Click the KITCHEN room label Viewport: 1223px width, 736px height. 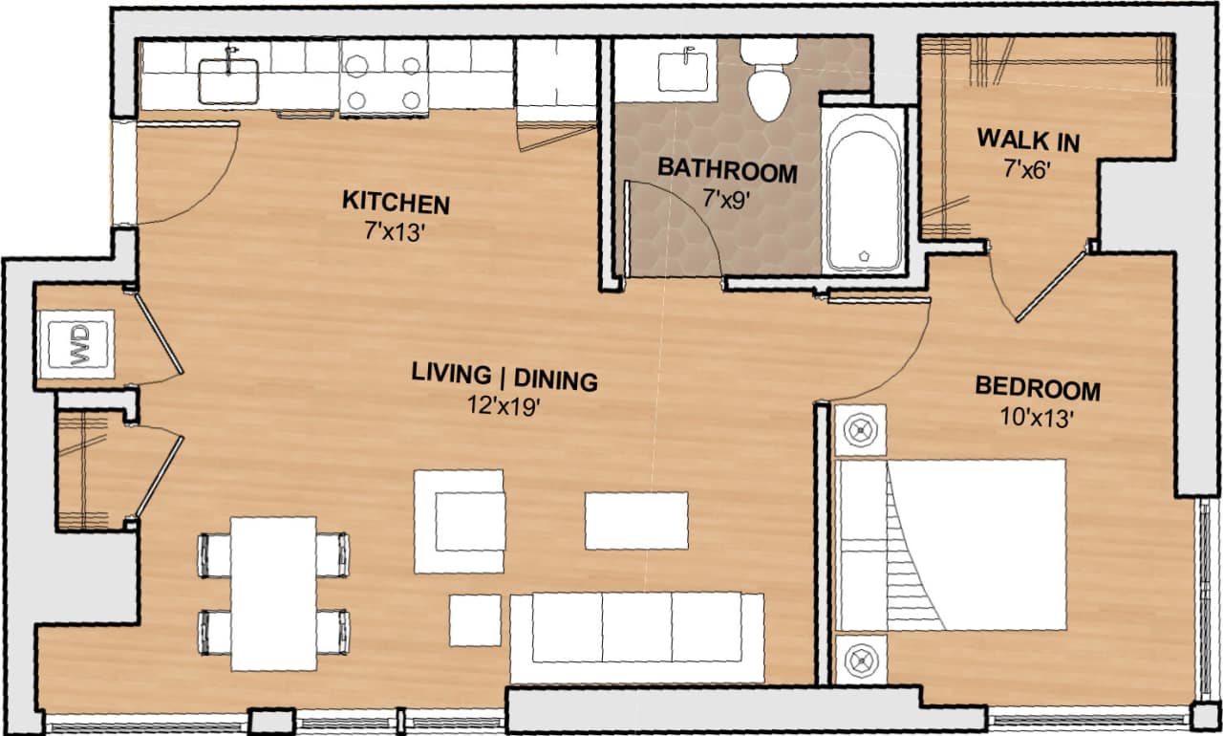tap(396, 203)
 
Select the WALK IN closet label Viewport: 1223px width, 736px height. tap(1028, 141)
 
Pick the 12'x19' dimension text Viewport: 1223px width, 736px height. tap(504, 405)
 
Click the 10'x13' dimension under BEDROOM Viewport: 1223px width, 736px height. tap(1038, 418)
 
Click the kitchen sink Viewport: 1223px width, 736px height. tap(228, 80)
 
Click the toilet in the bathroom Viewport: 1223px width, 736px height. tap(769, 81)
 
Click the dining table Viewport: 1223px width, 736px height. tap(273, 593)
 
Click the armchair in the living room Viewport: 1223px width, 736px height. tap(461, 522)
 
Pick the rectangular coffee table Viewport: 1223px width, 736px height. tap(636, 520)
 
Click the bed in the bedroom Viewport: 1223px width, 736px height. tap(951, 545)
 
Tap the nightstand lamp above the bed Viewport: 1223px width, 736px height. tap(862, 430)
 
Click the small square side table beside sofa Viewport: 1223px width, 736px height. tap(475, 619)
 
